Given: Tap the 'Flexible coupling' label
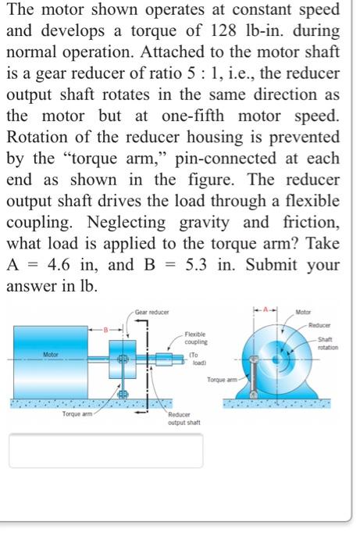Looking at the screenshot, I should [196, 338].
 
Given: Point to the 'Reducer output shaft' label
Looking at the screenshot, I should [184, 419].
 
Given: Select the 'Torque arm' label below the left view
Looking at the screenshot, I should [77, 413].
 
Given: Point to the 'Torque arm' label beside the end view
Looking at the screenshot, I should [223, 380].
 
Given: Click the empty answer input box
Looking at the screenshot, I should [105, 450].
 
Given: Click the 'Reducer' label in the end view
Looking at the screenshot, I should [320, 324].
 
